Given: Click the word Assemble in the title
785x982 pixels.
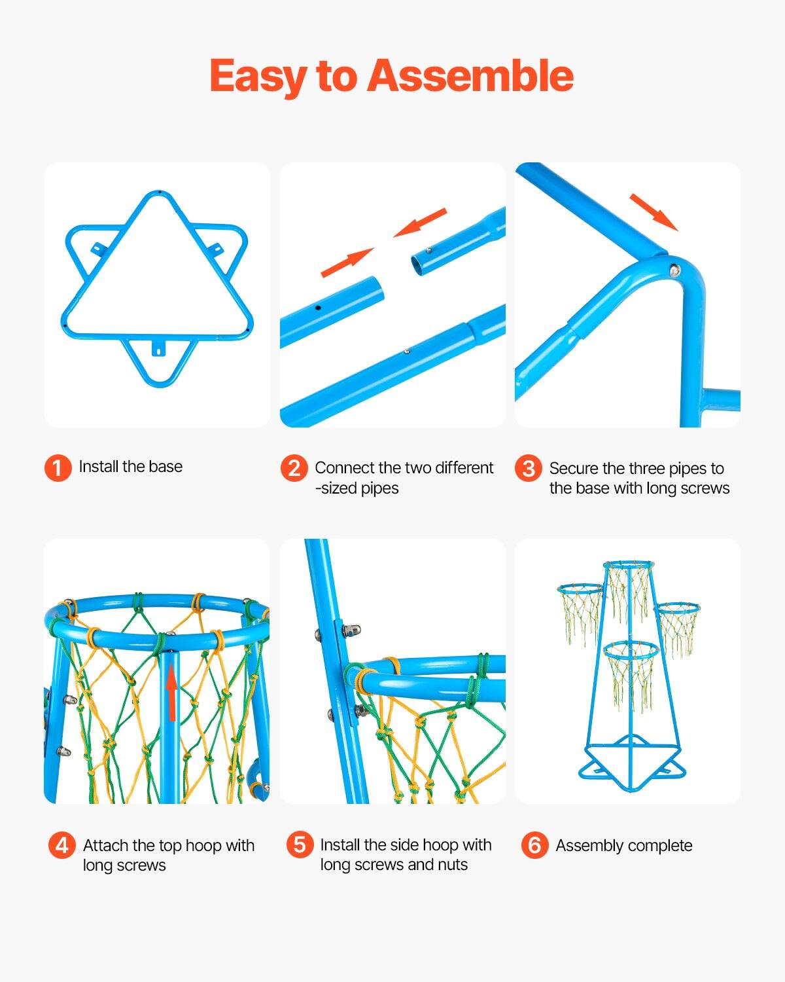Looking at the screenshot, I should pos(470,77).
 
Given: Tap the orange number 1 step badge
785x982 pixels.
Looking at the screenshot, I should pos(58,467).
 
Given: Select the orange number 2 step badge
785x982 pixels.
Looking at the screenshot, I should pos(294,468).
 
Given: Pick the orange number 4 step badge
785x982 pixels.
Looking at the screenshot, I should pos(61,845).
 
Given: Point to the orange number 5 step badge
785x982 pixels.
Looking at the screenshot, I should pos(299,845).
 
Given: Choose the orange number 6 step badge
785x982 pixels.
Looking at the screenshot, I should pos(534,845).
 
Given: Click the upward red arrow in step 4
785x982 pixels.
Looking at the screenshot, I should pos(171,693).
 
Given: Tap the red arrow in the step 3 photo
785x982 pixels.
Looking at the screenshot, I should pos(654,211).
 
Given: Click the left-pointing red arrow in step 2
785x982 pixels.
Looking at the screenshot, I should pos(420,223).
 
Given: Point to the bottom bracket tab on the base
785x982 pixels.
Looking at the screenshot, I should pos(158,348).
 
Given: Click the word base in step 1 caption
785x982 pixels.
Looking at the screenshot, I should pos(166,467).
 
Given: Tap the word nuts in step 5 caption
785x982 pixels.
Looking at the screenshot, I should pos(453,865).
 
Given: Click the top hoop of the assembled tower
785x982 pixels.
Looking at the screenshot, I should pos(628,564).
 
